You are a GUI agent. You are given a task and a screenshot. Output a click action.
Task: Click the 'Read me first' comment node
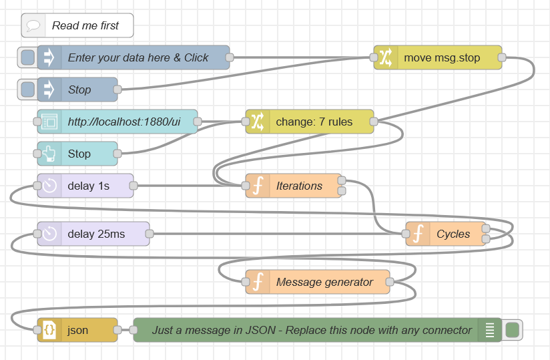pyautogui.click(x=77, y=25)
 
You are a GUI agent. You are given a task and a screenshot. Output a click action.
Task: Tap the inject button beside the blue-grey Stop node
pyautogui.click(x=27, y=89)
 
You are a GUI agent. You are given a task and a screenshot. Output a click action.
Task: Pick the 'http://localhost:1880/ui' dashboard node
pyautogui.click(x=117, y=122)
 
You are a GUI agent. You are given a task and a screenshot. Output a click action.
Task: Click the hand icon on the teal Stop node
pyautogui.click(x=49, y=154)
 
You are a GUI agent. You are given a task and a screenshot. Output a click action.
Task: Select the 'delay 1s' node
pyautogui.click(x=85, y=186)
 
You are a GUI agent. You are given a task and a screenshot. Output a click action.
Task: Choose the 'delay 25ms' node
pyautogui.click(x=93, y=234)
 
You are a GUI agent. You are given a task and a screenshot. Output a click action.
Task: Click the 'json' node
pyautogui.click(x=77, y=330)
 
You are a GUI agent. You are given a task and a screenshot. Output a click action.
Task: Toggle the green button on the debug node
pyautogui.click(x=512, y=330)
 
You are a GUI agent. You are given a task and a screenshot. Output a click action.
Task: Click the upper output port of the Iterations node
pyautogui.click(x=342, y=180)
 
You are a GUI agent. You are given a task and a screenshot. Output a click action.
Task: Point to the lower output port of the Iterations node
pyautogui.click(x=342, y=191)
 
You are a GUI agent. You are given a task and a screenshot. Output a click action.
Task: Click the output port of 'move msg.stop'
pyautogui.click(x=502, y=57)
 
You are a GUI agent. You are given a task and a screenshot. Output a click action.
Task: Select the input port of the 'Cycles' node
pyautogui.click(x=405, y=234)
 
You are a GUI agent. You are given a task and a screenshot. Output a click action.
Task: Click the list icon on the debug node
pyautogui.click(x=490, y=330)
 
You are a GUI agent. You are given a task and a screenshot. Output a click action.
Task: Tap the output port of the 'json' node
pyautogui.click(x=117, y=330)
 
